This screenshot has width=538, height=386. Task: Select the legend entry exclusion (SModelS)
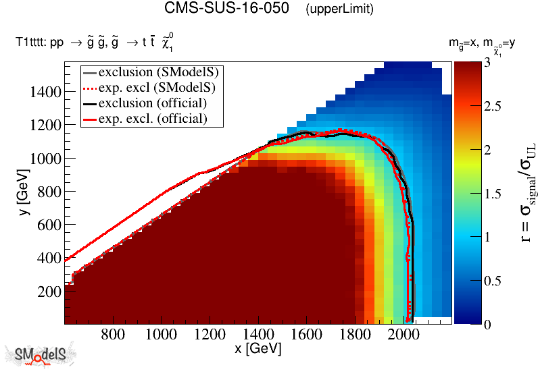[x=162, y=72]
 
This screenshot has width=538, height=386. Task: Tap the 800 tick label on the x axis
[x=113, y=335]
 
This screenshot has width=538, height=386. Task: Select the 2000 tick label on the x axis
[x=403, y=335]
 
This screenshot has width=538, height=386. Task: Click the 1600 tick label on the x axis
[x=307, y=335]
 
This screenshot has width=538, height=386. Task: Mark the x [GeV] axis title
[x=258, y=349]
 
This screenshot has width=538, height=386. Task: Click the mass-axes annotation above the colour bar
[x=483, y=45]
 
